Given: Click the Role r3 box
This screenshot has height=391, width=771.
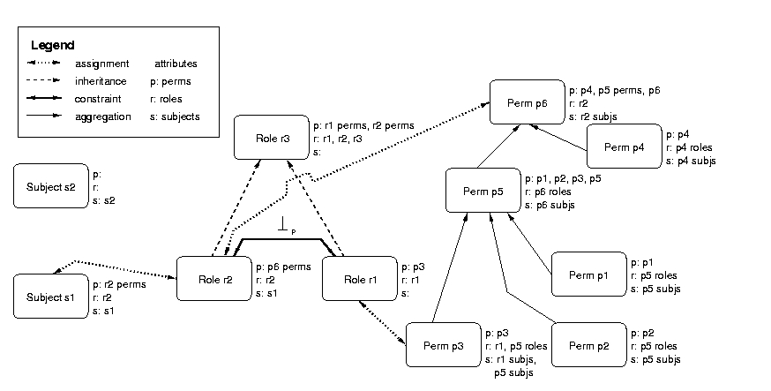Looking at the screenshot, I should point(272,138).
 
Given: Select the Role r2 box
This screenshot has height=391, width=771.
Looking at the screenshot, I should point(215,279).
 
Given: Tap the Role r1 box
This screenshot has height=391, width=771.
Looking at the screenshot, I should point(359,279).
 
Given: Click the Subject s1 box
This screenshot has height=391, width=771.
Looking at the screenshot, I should point(50,297).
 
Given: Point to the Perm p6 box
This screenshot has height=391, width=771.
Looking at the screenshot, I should point(528,103).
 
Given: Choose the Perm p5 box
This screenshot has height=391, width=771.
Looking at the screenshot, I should point(483,190).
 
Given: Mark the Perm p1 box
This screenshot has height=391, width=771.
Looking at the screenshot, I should point(588,274).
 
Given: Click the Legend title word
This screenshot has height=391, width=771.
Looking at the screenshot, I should point(52,45).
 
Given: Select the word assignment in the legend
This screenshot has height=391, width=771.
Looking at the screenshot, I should point(102,64).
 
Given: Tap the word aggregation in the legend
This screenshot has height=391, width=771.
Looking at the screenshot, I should point(103,117).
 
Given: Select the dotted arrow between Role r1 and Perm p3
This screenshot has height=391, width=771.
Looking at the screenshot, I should point(382,317).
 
